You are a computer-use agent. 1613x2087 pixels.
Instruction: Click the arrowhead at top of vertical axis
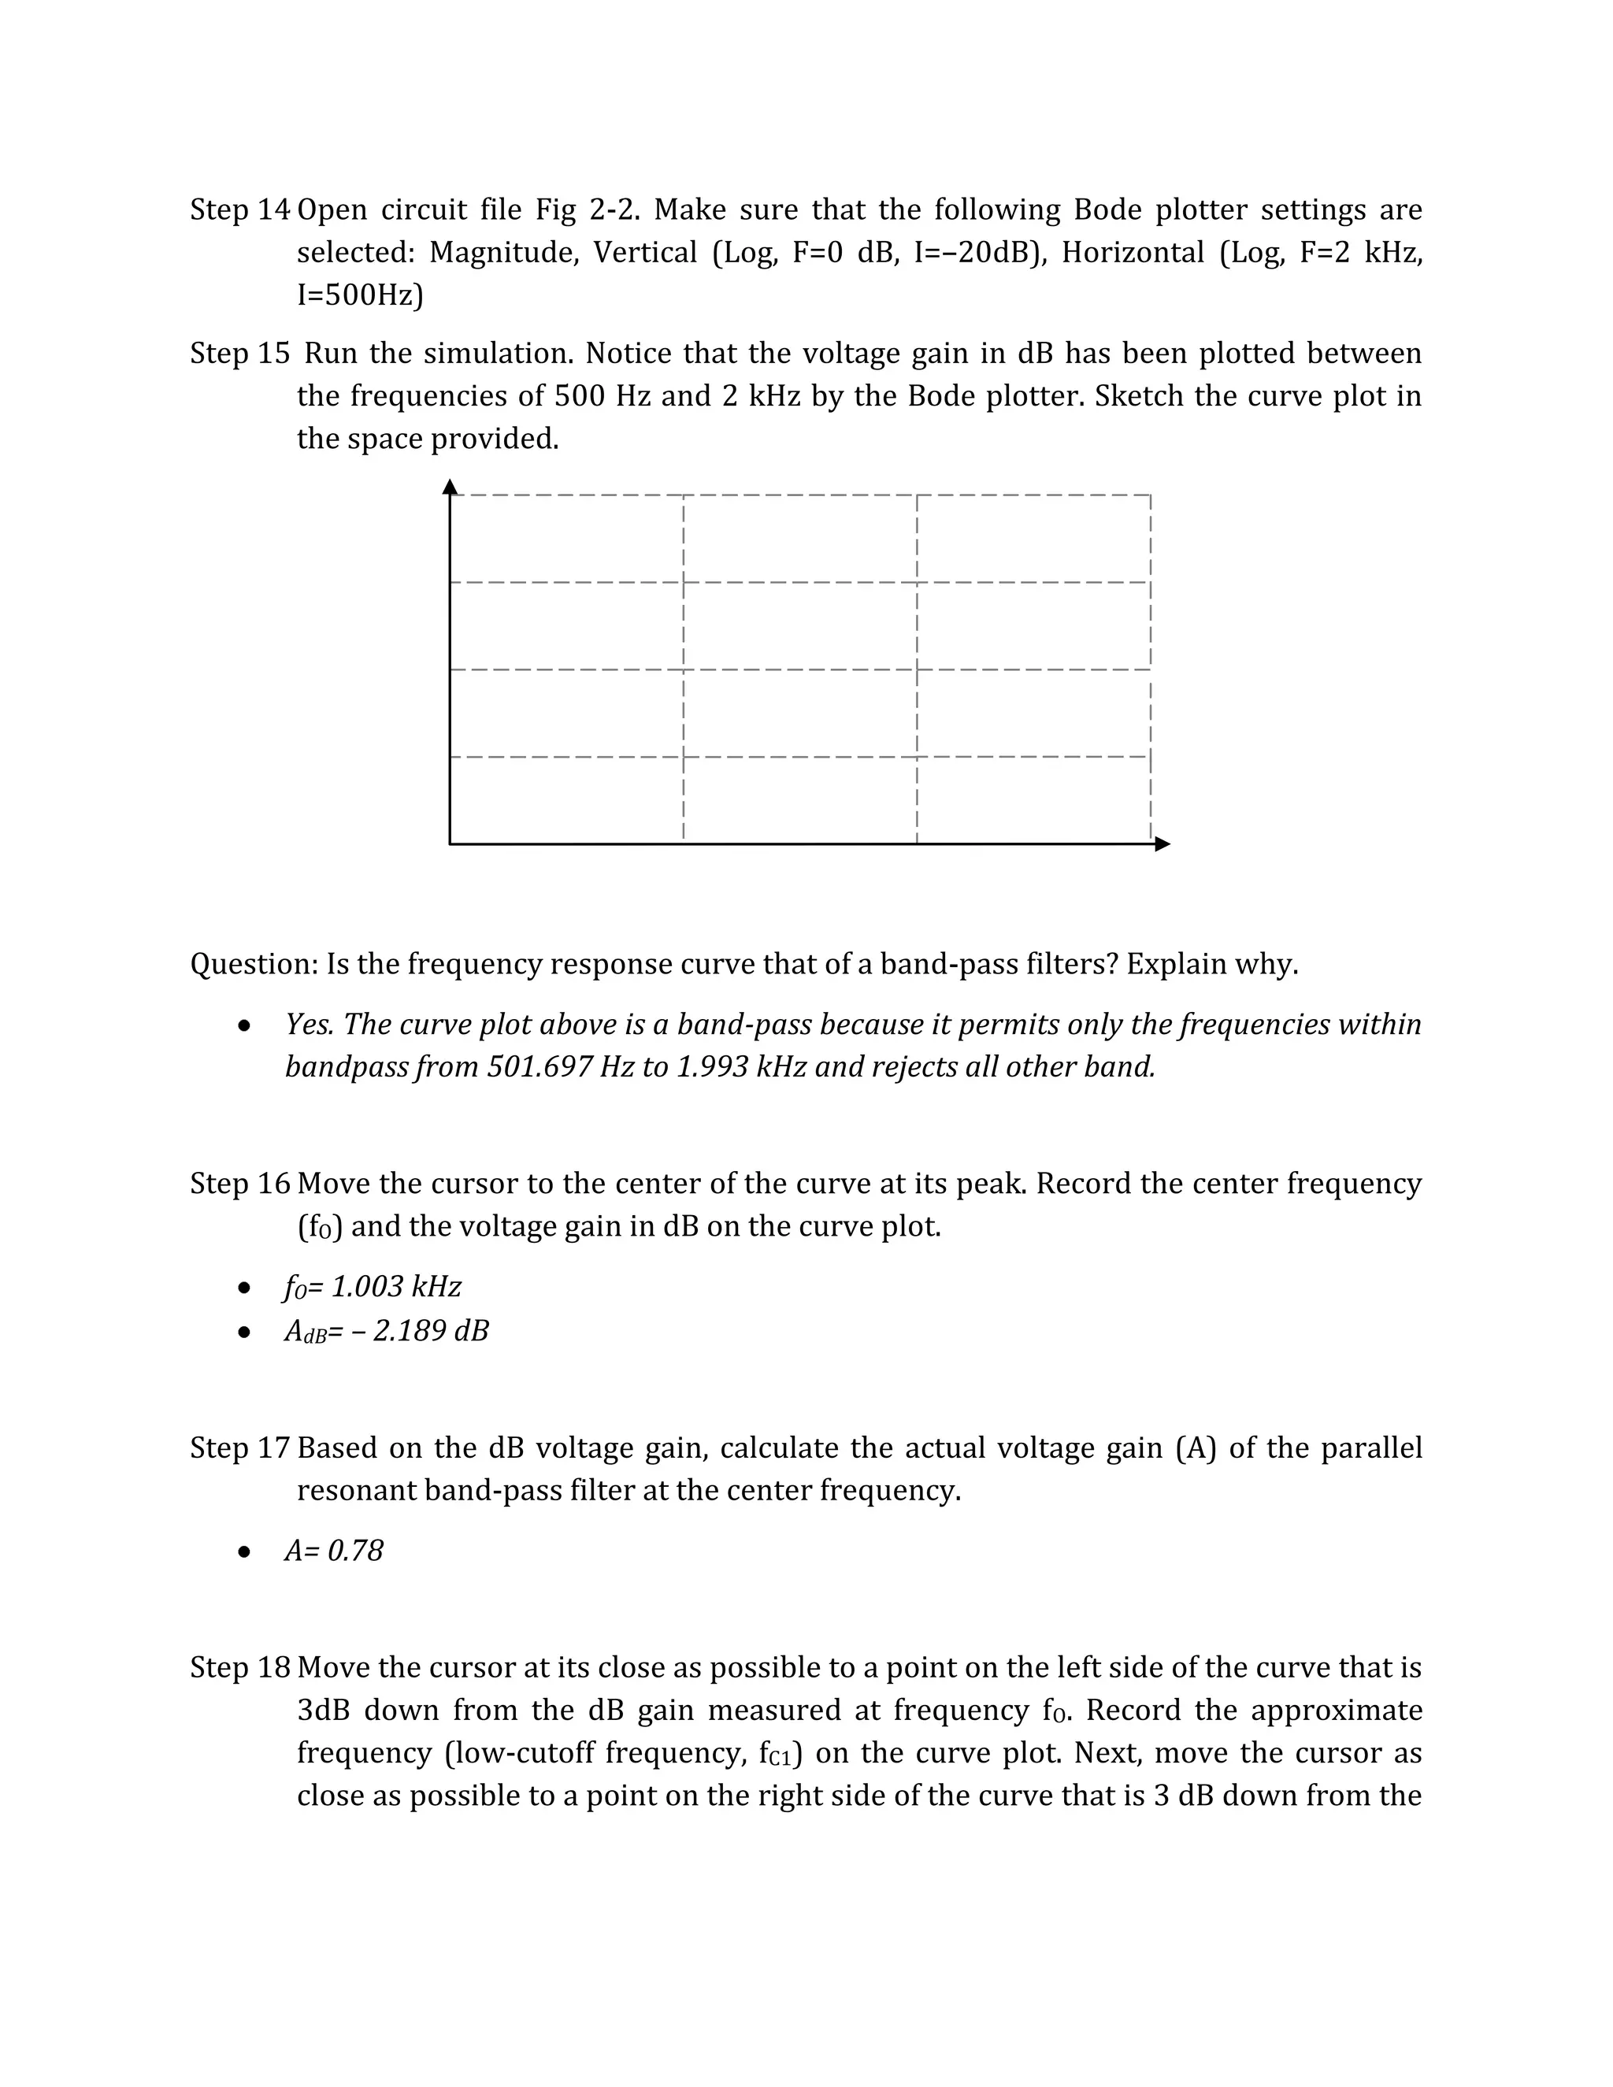click(450, 487)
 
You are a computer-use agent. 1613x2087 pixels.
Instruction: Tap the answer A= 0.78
click(333, 1550)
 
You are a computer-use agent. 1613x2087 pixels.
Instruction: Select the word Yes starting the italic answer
click(308, 1024)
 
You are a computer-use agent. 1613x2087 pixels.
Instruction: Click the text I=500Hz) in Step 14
click(360, 295)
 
